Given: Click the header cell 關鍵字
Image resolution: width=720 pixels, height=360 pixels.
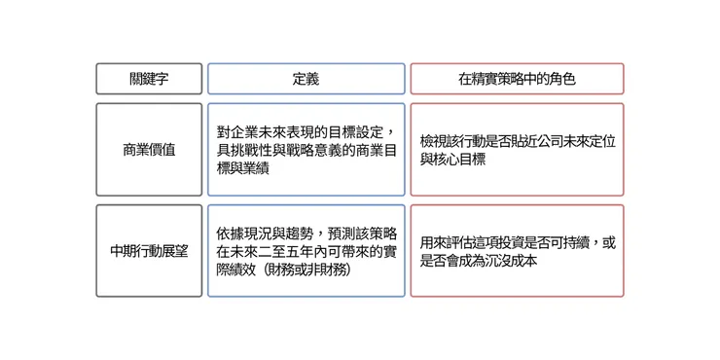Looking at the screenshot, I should click(x=149, y=79).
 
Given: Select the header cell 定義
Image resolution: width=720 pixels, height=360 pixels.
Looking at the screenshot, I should click(x=306, y=79).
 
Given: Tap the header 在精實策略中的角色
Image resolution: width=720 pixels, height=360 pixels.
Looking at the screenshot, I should click(x=517, y=79).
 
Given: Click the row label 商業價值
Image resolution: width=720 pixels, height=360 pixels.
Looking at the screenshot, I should click(x=149, y=150).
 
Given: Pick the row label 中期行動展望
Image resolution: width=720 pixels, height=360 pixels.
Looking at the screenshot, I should click(x=149, y=251).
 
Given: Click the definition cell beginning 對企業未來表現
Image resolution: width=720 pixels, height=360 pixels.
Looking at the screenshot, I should click(x=306, y=150).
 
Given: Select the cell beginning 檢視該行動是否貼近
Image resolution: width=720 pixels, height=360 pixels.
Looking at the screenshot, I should click(x=517, y=150).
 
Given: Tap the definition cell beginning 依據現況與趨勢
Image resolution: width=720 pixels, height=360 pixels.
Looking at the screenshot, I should click(x=306, y=251).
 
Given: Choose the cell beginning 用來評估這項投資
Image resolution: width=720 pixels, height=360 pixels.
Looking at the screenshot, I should click(x=517, y=251).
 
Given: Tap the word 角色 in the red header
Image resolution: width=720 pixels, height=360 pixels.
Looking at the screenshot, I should click(x=563, y=79).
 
